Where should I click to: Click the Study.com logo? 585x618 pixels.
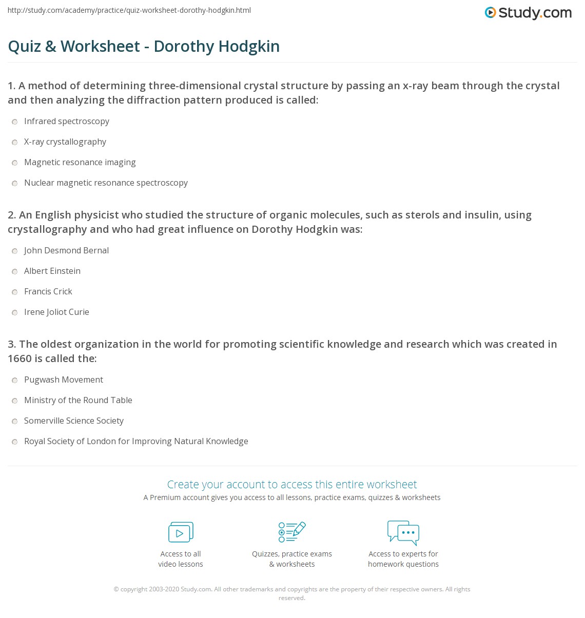coord(528,13)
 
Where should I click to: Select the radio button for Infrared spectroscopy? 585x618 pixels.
coord(15,122)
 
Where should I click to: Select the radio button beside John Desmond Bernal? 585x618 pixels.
coord(15,251)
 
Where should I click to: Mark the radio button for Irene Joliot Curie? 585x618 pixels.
coord(15,312)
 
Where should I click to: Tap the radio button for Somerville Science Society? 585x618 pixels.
coord(15,421)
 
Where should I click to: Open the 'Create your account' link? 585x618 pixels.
coord(291,484)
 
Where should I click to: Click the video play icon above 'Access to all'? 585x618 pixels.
coord(181,532)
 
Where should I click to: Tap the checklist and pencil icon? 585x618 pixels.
coord(292,532)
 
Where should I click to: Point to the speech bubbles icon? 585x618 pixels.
coord(403,532)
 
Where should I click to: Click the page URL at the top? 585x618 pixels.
coord(129,10)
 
